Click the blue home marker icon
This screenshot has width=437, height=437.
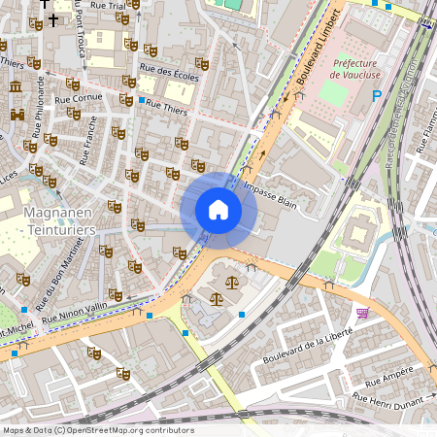click(218, 210)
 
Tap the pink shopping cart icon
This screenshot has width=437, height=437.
click(362, 313)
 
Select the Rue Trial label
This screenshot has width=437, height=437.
click(106, 5)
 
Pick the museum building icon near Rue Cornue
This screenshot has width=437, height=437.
click(16, 88)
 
